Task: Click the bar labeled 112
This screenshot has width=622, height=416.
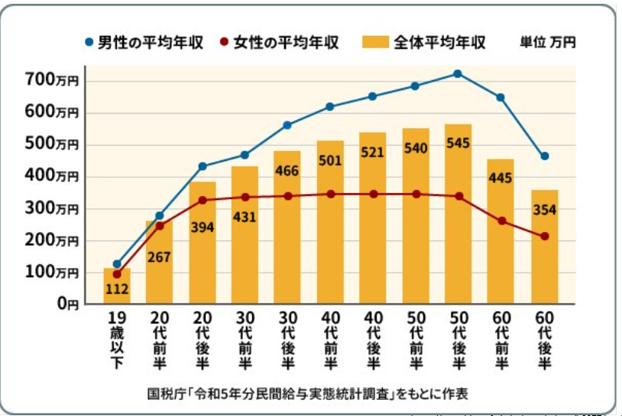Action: [117, 285]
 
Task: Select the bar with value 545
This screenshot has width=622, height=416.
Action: [458, 214]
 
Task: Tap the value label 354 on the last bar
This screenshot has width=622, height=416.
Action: [544, 210]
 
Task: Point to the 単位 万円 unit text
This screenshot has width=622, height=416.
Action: [547, 43]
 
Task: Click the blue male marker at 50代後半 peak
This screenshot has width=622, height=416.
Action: [458, 74]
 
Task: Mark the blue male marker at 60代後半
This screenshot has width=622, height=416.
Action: [544, 156]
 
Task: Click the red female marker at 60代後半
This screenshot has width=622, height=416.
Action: [544, 237]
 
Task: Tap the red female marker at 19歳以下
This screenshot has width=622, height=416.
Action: [117, 274]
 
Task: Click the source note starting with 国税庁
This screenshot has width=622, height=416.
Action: [307, 395]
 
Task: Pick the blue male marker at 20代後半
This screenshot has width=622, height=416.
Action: [202, 166]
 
